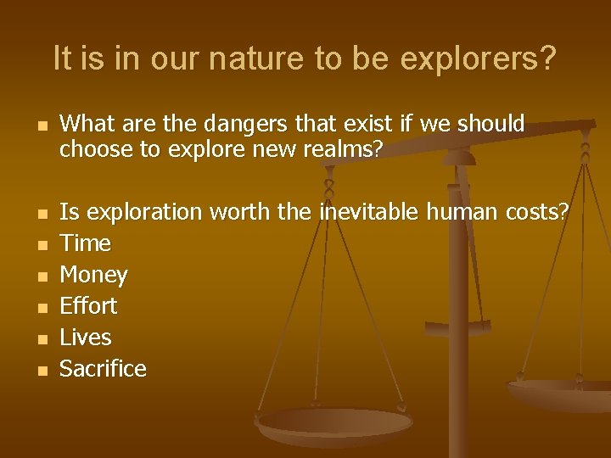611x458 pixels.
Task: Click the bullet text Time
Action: point(85,243)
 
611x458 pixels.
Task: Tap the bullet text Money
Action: point(93,275)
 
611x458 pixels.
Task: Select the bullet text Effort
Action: point(88,306)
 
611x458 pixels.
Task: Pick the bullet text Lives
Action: point(85,338)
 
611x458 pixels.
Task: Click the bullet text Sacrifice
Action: point(103,369)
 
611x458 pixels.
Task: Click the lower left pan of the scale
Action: point(334,424)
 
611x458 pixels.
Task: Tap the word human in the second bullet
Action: point(462,212)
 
